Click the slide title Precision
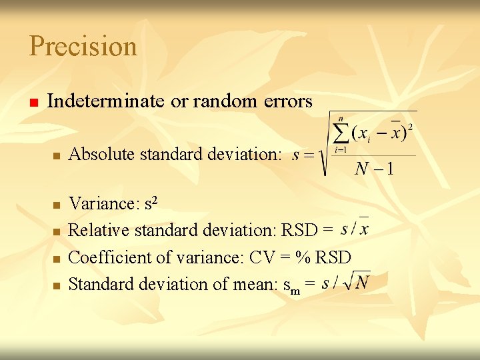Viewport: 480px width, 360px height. (83, 46)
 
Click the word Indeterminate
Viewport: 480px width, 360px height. (105, 101)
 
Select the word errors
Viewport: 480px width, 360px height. (285, 101)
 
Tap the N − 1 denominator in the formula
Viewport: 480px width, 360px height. (374, 167)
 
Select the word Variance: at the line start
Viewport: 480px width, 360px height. (101, 203)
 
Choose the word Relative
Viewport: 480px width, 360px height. (99, 230)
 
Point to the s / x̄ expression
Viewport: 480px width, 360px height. (355, 229)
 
